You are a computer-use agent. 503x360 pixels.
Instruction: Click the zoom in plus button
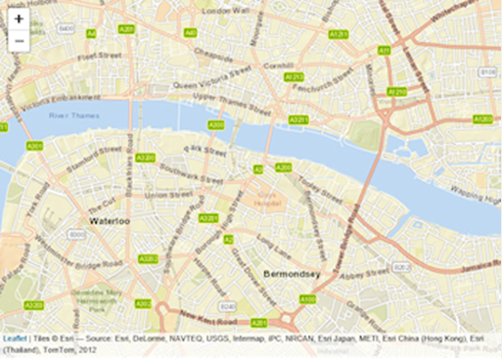point(19,19)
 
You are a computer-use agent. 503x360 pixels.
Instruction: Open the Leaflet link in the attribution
point(15,337)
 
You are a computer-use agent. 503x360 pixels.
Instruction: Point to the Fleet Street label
point(99,57)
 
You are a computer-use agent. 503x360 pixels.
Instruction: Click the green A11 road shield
point(385,50)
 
